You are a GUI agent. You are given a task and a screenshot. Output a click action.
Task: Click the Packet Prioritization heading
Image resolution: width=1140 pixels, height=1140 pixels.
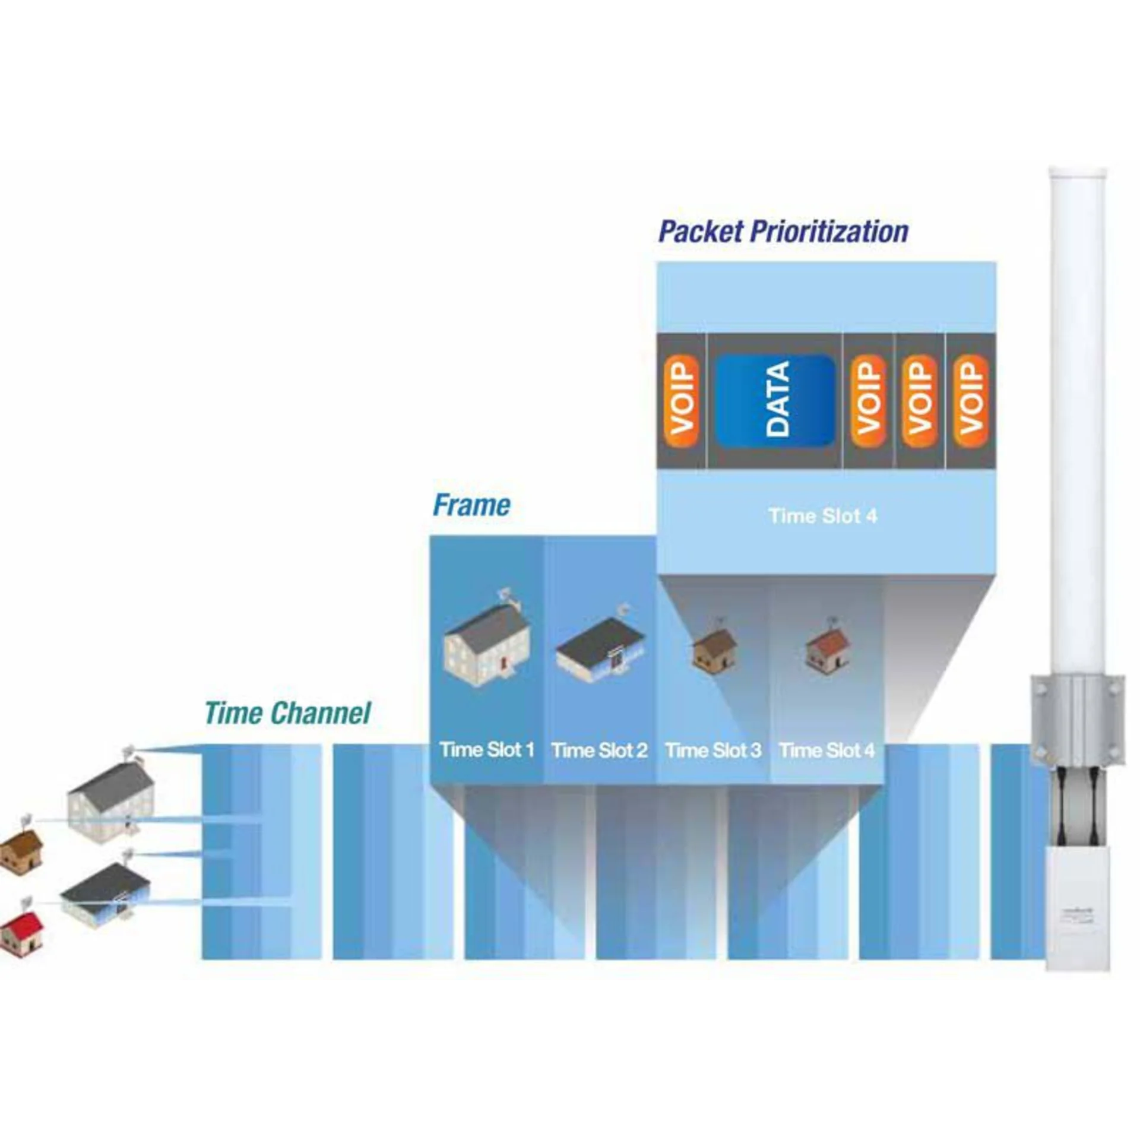[x=783, y=231]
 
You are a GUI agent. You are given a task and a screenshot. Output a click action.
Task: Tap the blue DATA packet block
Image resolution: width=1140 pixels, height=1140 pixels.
[x=775, y=400]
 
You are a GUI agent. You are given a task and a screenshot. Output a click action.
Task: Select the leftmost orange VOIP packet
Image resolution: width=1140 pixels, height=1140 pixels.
[x=681, y=400]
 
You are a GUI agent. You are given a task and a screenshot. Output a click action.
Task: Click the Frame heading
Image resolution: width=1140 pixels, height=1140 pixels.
[x=471, y=505]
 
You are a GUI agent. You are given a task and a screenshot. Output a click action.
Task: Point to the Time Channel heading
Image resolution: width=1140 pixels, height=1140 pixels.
[x=287, y=712]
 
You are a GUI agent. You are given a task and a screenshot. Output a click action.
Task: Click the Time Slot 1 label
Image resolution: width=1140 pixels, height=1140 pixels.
[x=487, y=750]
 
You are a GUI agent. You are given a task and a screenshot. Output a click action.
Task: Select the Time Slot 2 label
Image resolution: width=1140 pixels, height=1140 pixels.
[x=599, y=750]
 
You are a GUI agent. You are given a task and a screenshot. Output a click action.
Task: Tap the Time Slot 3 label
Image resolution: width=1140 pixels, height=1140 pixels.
[x=713, y=750]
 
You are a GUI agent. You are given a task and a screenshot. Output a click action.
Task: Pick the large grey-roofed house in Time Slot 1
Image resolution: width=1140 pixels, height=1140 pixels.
[x=487, y=644]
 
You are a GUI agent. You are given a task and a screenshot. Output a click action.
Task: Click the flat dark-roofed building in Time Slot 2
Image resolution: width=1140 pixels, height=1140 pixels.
[x=600, y=647]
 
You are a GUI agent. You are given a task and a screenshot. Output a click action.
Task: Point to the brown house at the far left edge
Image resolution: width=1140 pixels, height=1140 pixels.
[x=21, y=850]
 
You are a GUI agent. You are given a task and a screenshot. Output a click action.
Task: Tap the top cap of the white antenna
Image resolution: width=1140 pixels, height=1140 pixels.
[x=1078, y=174]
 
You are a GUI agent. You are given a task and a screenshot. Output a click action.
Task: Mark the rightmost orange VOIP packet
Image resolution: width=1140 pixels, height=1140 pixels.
[x=970, y=400]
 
